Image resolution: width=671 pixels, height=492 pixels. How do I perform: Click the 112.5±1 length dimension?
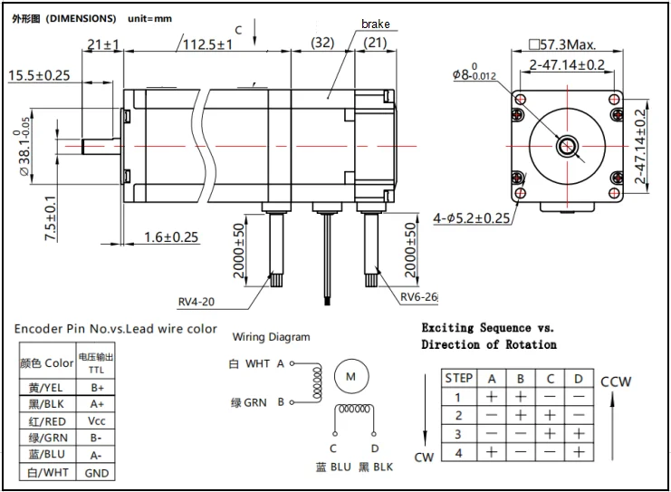(207, 44)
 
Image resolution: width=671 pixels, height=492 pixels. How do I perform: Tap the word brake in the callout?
(375, 24)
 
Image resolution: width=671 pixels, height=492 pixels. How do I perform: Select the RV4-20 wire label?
(196, 302)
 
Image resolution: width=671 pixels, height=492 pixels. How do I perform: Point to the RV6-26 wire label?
(419, 297)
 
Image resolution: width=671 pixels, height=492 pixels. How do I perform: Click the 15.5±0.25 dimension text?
(39, 75)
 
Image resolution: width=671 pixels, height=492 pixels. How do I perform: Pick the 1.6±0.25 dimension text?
(171, 236)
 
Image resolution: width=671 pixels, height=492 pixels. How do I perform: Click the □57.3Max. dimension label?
(562, 44)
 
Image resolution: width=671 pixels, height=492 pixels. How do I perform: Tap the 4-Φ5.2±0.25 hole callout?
(472, 218)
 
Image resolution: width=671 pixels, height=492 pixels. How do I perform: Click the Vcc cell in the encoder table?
(96, 420)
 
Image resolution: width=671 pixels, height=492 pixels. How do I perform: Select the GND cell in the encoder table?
(96, 473)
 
